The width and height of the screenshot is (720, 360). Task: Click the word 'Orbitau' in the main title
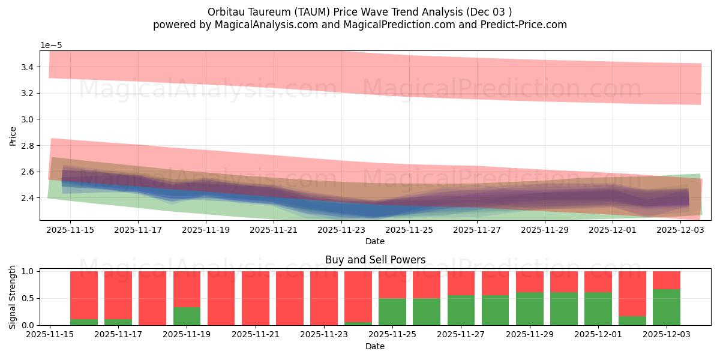coord(226,12)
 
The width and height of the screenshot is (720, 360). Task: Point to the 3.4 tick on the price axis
coord(26,67)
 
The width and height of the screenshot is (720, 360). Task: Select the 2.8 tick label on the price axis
coord(26,146)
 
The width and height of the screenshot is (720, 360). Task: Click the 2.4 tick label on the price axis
coord(26,198)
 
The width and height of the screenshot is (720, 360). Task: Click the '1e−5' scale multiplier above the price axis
coord(51,45)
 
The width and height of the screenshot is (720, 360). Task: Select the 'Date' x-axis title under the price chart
coord(375,241)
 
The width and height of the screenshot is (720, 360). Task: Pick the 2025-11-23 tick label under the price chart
coord(341,229)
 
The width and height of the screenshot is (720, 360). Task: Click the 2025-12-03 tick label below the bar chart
coord(667,334)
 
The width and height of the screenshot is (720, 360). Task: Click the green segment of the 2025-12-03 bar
coord(667,307)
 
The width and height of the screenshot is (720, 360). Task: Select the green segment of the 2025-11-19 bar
coord(187,316)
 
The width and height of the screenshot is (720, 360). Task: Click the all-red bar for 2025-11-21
coord(256,298)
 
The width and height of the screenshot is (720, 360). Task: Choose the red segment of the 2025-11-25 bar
coord(392,284)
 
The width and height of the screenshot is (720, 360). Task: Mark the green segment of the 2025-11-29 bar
coord(530,308)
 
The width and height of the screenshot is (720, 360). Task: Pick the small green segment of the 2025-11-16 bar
coord(84,322)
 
